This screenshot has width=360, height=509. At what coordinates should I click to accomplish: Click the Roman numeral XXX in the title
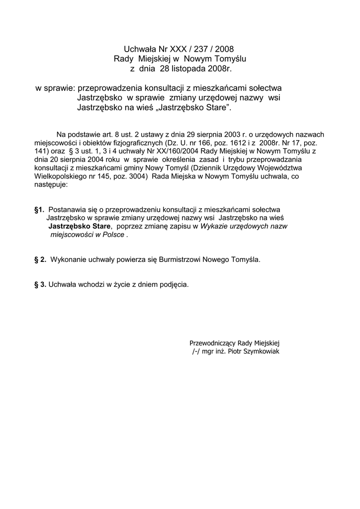pos(179,49)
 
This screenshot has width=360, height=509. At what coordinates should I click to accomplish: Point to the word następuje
pos(51,184)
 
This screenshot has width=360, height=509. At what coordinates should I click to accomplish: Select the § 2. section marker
pos(40,259)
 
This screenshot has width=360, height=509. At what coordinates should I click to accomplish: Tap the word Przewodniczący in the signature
pos(212,343)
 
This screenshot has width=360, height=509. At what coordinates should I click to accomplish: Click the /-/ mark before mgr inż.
pos(195,351)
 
